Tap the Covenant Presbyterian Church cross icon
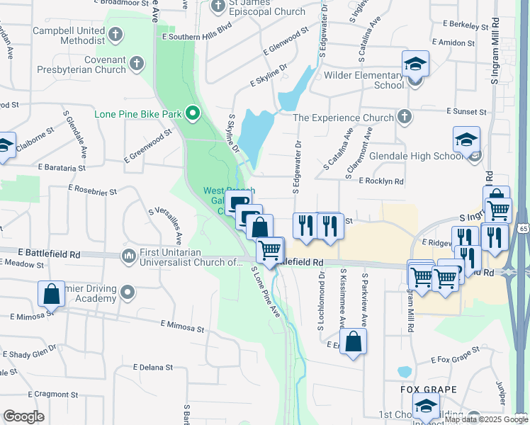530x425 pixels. [137, 65]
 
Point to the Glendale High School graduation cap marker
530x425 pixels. [467, 140]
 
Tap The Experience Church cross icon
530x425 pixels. [404, 117]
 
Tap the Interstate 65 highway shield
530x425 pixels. [524, 229]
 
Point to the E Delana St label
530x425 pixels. [153, 367]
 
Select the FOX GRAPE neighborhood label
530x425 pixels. [427, 390]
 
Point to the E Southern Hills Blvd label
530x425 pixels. [196, 30]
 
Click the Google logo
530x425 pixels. [23, 416]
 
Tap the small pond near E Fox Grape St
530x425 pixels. [405, 372]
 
